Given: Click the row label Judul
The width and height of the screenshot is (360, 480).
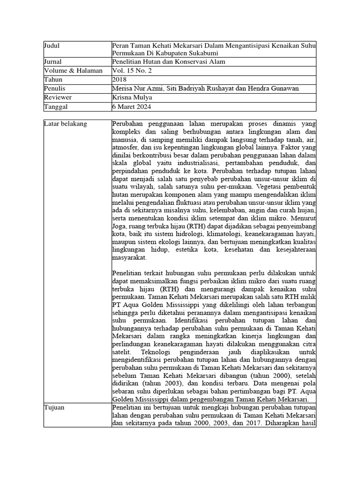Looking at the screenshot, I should [x=52, y=46].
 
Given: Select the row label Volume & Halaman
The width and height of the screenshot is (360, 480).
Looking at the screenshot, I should [x=73, y=71].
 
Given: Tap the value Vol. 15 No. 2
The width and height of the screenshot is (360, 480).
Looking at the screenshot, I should [x=132, y=71].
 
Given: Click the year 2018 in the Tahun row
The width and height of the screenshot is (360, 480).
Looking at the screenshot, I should [x=120, y=80].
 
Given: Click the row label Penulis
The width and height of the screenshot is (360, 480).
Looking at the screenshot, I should [x=54, y=89].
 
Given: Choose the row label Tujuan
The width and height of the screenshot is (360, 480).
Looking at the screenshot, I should [x=54, y=408].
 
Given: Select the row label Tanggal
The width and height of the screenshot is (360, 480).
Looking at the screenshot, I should [x=55, y=107].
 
